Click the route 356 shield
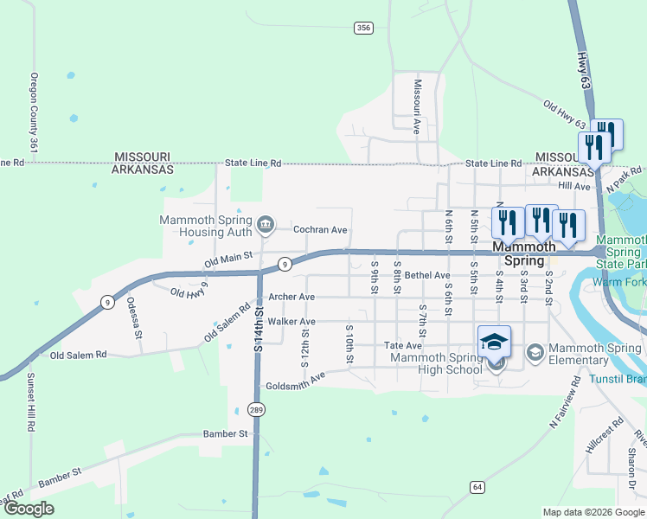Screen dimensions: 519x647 coord(363,29)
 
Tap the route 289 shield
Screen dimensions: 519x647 coord(256,409)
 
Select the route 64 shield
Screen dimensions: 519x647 coord(477,486)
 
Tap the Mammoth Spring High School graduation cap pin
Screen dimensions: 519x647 coord(495,342)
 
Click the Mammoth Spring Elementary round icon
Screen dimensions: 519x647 coord(535,350)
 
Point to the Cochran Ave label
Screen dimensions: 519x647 coord(320,230)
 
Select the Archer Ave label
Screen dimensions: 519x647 coord(291,297)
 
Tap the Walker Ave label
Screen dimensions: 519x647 coord(291,321)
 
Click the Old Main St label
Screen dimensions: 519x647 coord(227,257)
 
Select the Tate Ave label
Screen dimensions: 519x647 coord(402,346)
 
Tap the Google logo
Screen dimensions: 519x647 coord(28,509)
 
